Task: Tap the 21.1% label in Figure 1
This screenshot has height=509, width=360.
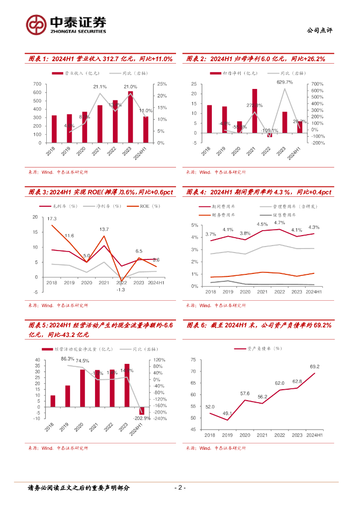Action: [x=99, y=86]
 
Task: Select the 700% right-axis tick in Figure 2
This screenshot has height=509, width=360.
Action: [x=317, y=85]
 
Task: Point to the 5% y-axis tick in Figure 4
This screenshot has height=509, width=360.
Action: [x=195, y=225]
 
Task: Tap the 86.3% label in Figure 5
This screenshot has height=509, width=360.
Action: [x=68, y=358]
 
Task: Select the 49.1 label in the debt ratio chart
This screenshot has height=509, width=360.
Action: [x=227, y=413]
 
